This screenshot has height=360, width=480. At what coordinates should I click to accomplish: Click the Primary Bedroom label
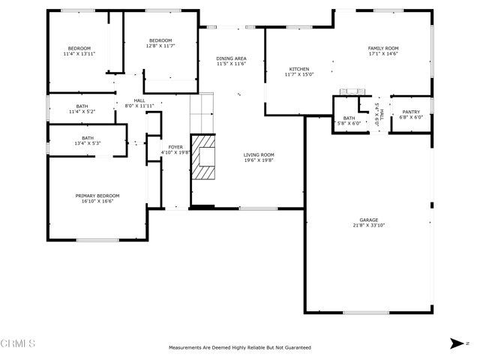pos(97,196)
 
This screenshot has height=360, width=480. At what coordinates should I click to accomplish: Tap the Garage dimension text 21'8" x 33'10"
pos(369,225)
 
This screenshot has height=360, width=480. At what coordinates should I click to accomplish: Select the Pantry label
pos(411,112)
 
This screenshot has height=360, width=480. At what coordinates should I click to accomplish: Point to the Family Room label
pos(383,48)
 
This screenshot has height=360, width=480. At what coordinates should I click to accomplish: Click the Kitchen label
pos(299,69)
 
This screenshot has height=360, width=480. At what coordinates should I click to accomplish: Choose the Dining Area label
pos(232,58)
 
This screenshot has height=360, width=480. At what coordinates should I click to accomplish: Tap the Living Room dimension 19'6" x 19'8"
pos(259,160)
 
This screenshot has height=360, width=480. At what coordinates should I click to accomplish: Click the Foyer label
pos(175,147)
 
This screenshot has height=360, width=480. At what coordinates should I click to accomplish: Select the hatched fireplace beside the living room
pos(203,157)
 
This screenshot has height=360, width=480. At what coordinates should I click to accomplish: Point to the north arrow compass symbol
pos(457,343)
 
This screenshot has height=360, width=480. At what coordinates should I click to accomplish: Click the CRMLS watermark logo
pos(18,343)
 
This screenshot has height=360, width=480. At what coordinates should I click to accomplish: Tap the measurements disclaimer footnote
pos(240,348)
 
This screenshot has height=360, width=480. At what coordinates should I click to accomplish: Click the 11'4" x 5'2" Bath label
pos(82,106)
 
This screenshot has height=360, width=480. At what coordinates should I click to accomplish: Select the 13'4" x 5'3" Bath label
pos(88,138)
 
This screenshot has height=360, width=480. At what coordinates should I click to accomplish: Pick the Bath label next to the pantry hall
pos(349,118)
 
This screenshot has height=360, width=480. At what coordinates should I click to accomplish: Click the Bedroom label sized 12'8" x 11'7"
pos(160,40)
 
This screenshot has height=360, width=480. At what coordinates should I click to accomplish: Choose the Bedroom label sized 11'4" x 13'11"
pos(79,49)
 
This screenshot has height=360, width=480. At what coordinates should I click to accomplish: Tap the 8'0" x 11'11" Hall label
pos(139,100)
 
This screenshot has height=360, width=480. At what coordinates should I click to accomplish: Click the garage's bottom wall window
pos(366,313)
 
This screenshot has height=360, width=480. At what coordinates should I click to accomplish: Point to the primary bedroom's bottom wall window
pos(97,240)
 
